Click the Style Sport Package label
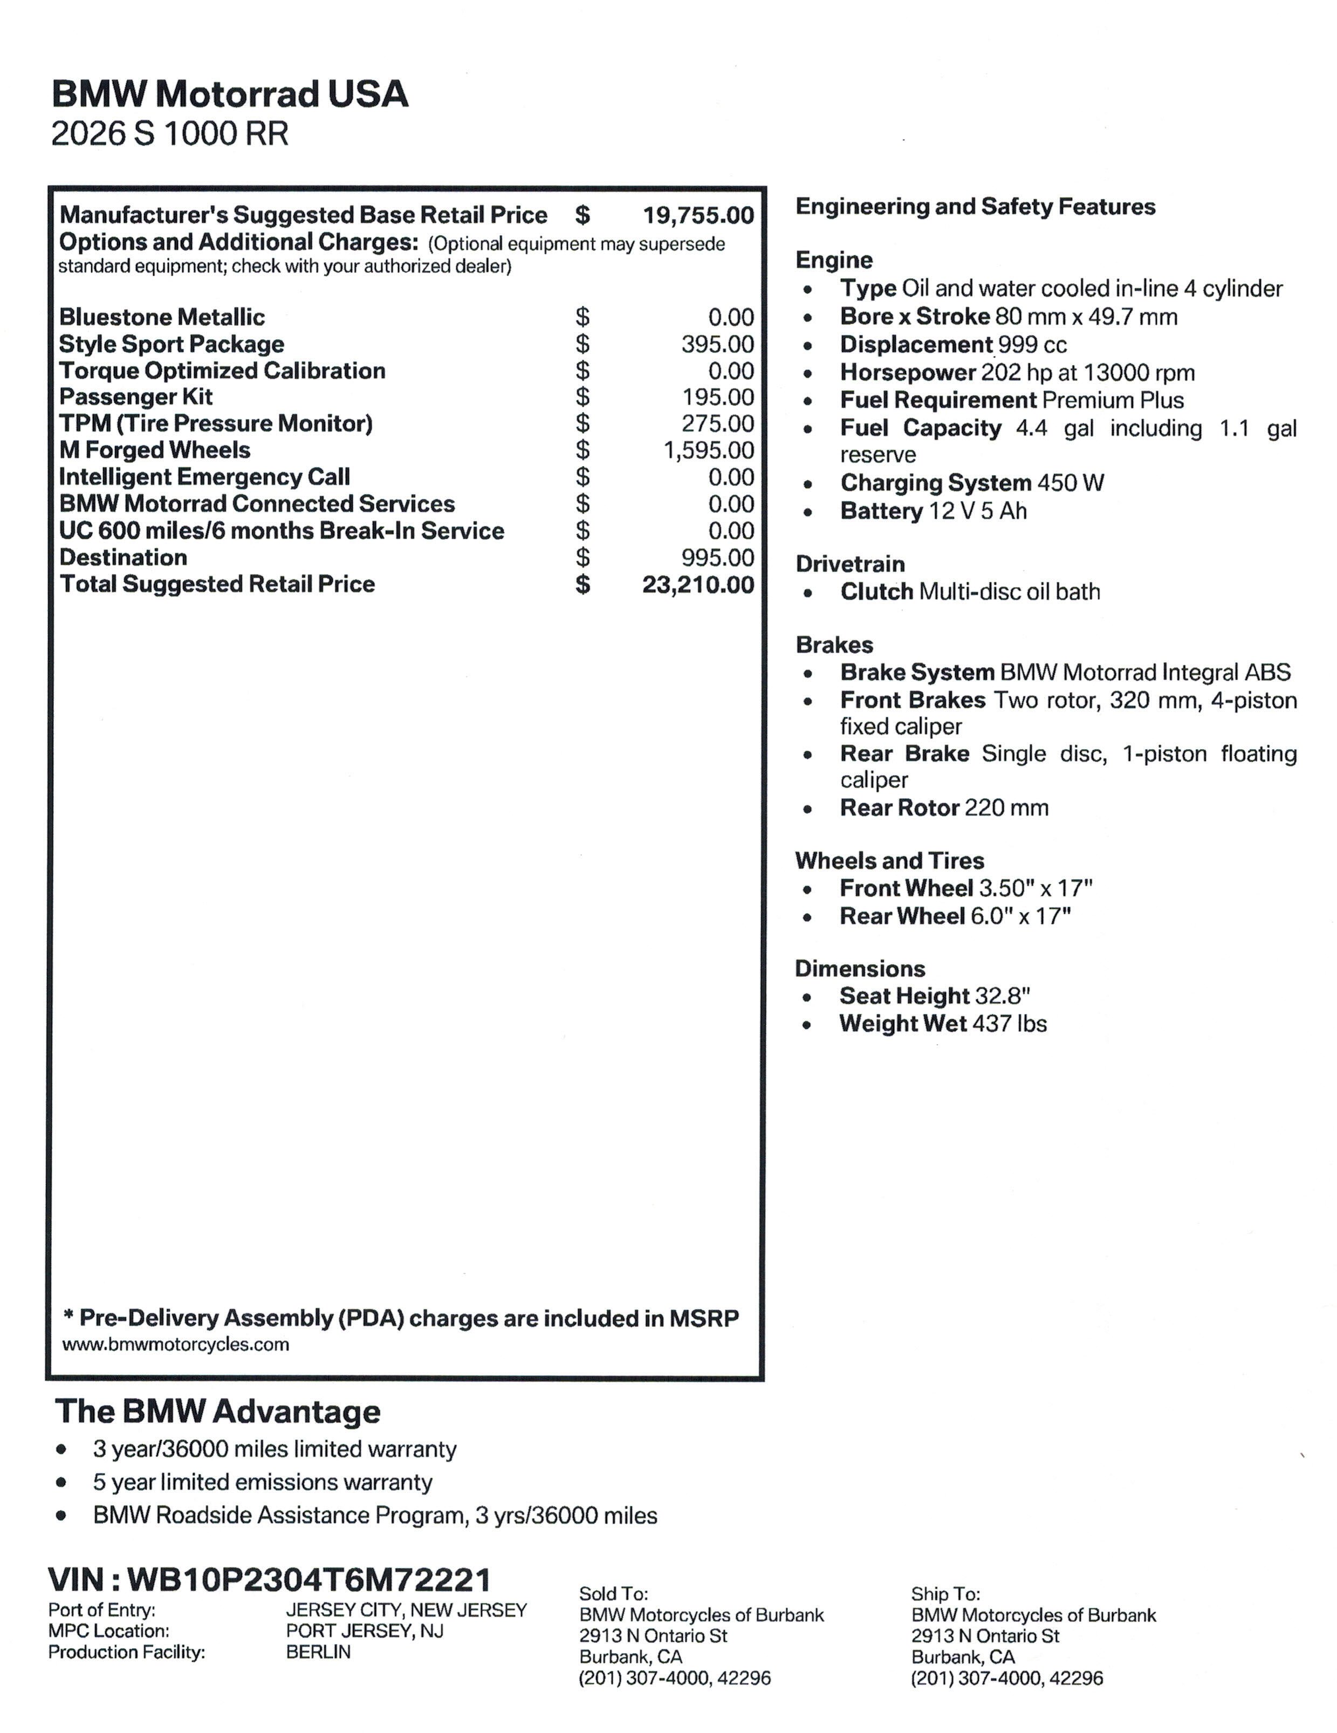[172, 344]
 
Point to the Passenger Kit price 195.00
[717, 398]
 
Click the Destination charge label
[123, 558]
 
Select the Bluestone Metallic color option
[162, 317]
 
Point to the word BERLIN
[318, 1652]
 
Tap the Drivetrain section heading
[850, 564]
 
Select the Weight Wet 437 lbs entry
[943, 1024]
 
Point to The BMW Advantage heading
[217, 1412]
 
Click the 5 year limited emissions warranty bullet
[262, 1482]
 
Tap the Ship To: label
[945, 1594]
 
